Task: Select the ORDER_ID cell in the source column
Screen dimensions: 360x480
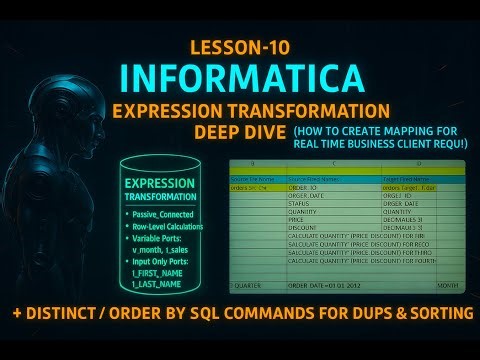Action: tap(305, 186)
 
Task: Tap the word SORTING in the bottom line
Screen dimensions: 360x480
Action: tap(431, 313)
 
